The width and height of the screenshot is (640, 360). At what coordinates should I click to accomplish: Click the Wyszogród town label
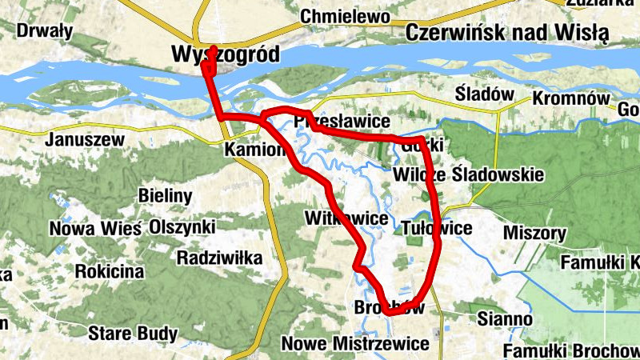point(226,54)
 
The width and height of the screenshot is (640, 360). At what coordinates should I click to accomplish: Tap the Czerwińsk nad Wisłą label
point(507,33)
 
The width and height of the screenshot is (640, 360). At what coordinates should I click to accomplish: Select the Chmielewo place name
point(345,16)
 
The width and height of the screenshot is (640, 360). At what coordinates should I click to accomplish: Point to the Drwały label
point(45,32)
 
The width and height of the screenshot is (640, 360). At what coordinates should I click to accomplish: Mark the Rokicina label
point(110,271)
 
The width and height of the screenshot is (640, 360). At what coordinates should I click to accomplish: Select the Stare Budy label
point(126,331)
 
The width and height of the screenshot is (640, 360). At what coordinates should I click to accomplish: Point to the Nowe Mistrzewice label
point(355,343)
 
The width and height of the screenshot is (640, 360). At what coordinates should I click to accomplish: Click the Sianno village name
point(504,318)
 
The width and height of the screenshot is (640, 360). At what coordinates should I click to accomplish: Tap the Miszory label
point(535,234)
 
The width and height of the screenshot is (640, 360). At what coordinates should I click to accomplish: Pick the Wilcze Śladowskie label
point(469,174)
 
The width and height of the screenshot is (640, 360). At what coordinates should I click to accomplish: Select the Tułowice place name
point(437,228)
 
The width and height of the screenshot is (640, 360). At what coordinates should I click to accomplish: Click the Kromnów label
point(566,98)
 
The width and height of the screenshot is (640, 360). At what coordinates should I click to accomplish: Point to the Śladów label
point(484,94)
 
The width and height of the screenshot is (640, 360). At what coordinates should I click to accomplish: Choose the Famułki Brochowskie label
point(571,350)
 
